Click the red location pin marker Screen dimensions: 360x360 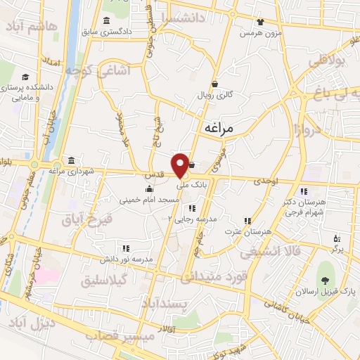[181, 165]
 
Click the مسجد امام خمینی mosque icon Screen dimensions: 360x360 [149, 188]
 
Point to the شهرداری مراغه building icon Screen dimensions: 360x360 [70, 160]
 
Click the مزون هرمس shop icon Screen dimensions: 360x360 [260, 22]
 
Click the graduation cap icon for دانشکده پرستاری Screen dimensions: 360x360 [25, 77]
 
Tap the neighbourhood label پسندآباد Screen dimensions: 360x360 [162, 303]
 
